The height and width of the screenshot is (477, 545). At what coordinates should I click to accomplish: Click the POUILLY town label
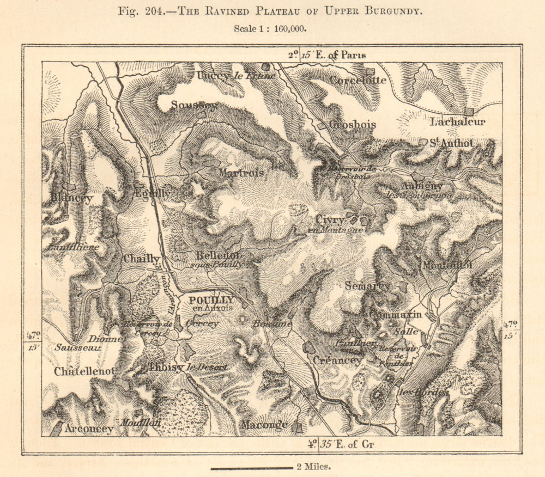pos(211,300)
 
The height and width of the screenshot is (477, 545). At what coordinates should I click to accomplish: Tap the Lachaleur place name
pos(457,122)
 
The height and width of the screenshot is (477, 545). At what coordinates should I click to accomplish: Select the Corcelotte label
pos(358,80)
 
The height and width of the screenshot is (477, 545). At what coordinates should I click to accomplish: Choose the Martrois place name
pos(241,173)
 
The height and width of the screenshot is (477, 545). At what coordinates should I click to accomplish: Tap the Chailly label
pos(141,259)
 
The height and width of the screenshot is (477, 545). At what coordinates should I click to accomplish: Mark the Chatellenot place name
pos(84,371)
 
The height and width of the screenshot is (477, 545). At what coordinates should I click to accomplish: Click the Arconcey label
pos(89,429)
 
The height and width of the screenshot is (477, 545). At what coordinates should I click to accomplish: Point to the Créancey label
pos(336,360)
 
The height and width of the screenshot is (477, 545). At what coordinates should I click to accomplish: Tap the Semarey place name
pos(367,285)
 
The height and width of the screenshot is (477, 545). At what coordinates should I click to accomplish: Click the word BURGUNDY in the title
pos(391,10)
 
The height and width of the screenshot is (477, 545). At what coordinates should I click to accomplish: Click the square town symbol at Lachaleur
pos(468,112)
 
